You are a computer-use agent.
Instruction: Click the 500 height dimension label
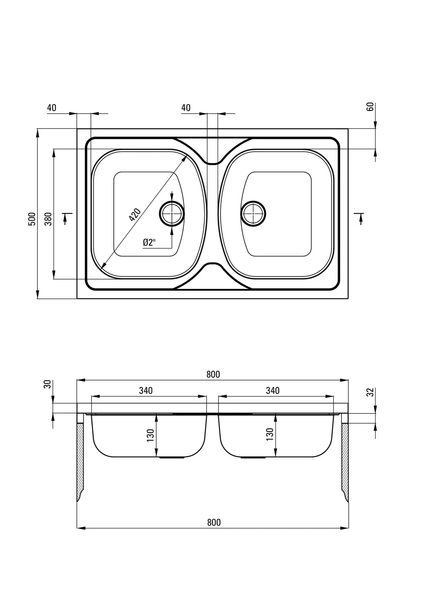pyautogui.click(x=32, y=219)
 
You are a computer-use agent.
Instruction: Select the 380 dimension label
pyautogui.click(x=48, y=218)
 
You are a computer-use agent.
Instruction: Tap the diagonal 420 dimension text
pyautogui.click(x=135, y=215)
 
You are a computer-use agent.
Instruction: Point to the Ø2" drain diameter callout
pyautogui.click(x=149, y=242)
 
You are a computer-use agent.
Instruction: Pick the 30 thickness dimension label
pyautogui.click(x=47, y=384)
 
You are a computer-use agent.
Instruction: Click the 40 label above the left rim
pyautogui.click(x=52, y=108)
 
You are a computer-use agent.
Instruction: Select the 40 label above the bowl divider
pyautogui.click(x=186, y=107)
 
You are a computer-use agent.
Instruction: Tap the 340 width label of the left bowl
pyautogui.click(x=146, y=391)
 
